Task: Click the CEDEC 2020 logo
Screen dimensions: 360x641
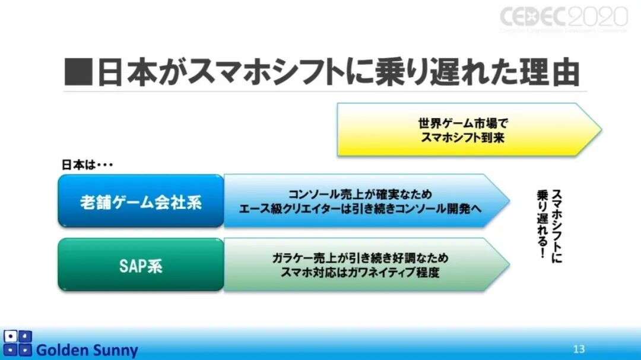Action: coord(563,18)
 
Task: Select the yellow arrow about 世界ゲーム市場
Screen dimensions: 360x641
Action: coord(469,129)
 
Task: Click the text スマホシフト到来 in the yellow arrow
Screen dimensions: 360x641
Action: coord(464,137)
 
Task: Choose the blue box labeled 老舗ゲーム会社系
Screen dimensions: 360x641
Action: coord(141,202)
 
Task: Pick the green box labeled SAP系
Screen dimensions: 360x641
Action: coord(141,266)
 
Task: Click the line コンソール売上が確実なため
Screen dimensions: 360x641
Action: coord(360,195)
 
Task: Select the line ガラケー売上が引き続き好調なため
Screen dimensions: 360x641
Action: coord(360,258)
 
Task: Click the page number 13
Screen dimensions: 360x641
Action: coord(579,347)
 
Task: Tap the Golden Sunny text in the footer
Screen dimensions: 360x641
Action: coord(87,350)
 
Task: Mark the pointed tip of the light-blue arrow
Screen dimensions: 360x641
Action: coord(508,200)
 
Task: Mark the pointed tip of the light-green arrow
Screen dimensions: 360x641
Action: coord(508,265)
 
